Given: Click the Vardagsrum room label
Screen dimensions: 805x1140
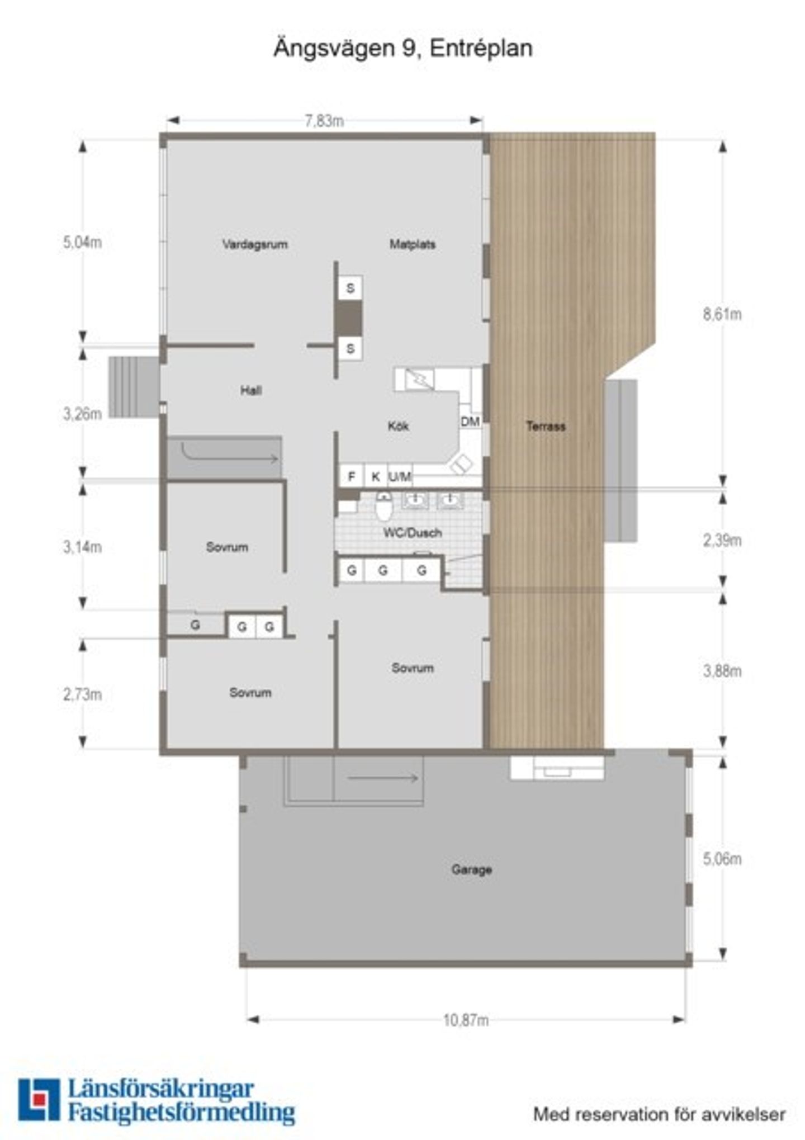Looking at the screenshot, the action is click(255, 244).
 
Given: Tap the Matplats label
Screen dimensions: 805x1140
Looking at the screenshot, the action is click(413, 244).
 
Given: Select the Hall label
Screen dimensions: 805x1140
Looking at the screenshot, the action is click(251, 390).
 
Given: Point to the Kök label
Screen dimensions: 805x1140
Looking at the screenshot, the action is click(398, 426).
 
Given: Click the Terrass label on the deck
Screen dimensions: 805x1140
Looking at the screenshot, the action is click(546, 426).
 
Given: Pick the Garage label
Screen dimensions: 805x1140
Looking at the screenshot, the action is click(472, 869).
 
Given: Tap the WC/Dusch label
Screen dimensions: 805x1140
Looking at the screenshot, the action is click(413, 533).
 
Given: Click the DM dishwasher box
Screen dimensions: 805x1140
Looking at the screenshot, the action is click(470, 422).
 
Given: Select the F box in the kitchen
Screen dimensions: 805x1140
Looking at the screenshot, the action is click(352, 476).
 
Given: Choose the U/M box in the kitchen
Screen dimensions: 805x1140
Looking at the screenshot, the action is click(400, 476).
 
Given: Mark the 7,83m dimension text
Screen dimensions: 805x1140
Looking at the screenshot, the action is click(324, 121).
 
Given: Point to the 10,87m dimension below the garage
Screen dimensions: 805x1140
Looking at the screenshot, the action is click(466, 1020).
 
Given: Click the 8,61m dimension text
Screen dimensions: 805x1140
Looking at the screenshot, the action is click(722, 314).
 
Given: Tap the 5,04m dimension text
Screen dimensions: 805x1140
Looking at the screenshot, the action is click(82, 243).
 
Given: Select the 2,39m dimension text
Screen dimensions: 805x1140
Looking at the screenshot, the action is click(722, 541).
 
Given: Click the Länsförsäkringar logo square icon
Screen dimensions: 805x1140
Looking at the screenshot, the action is click(39, 1100).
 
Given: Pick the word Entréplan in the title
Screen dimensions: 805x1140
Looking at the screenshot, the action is click(481, 49).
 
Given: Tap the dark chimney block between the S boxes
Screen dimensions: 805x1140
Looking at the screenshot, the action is click(349, 319).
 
